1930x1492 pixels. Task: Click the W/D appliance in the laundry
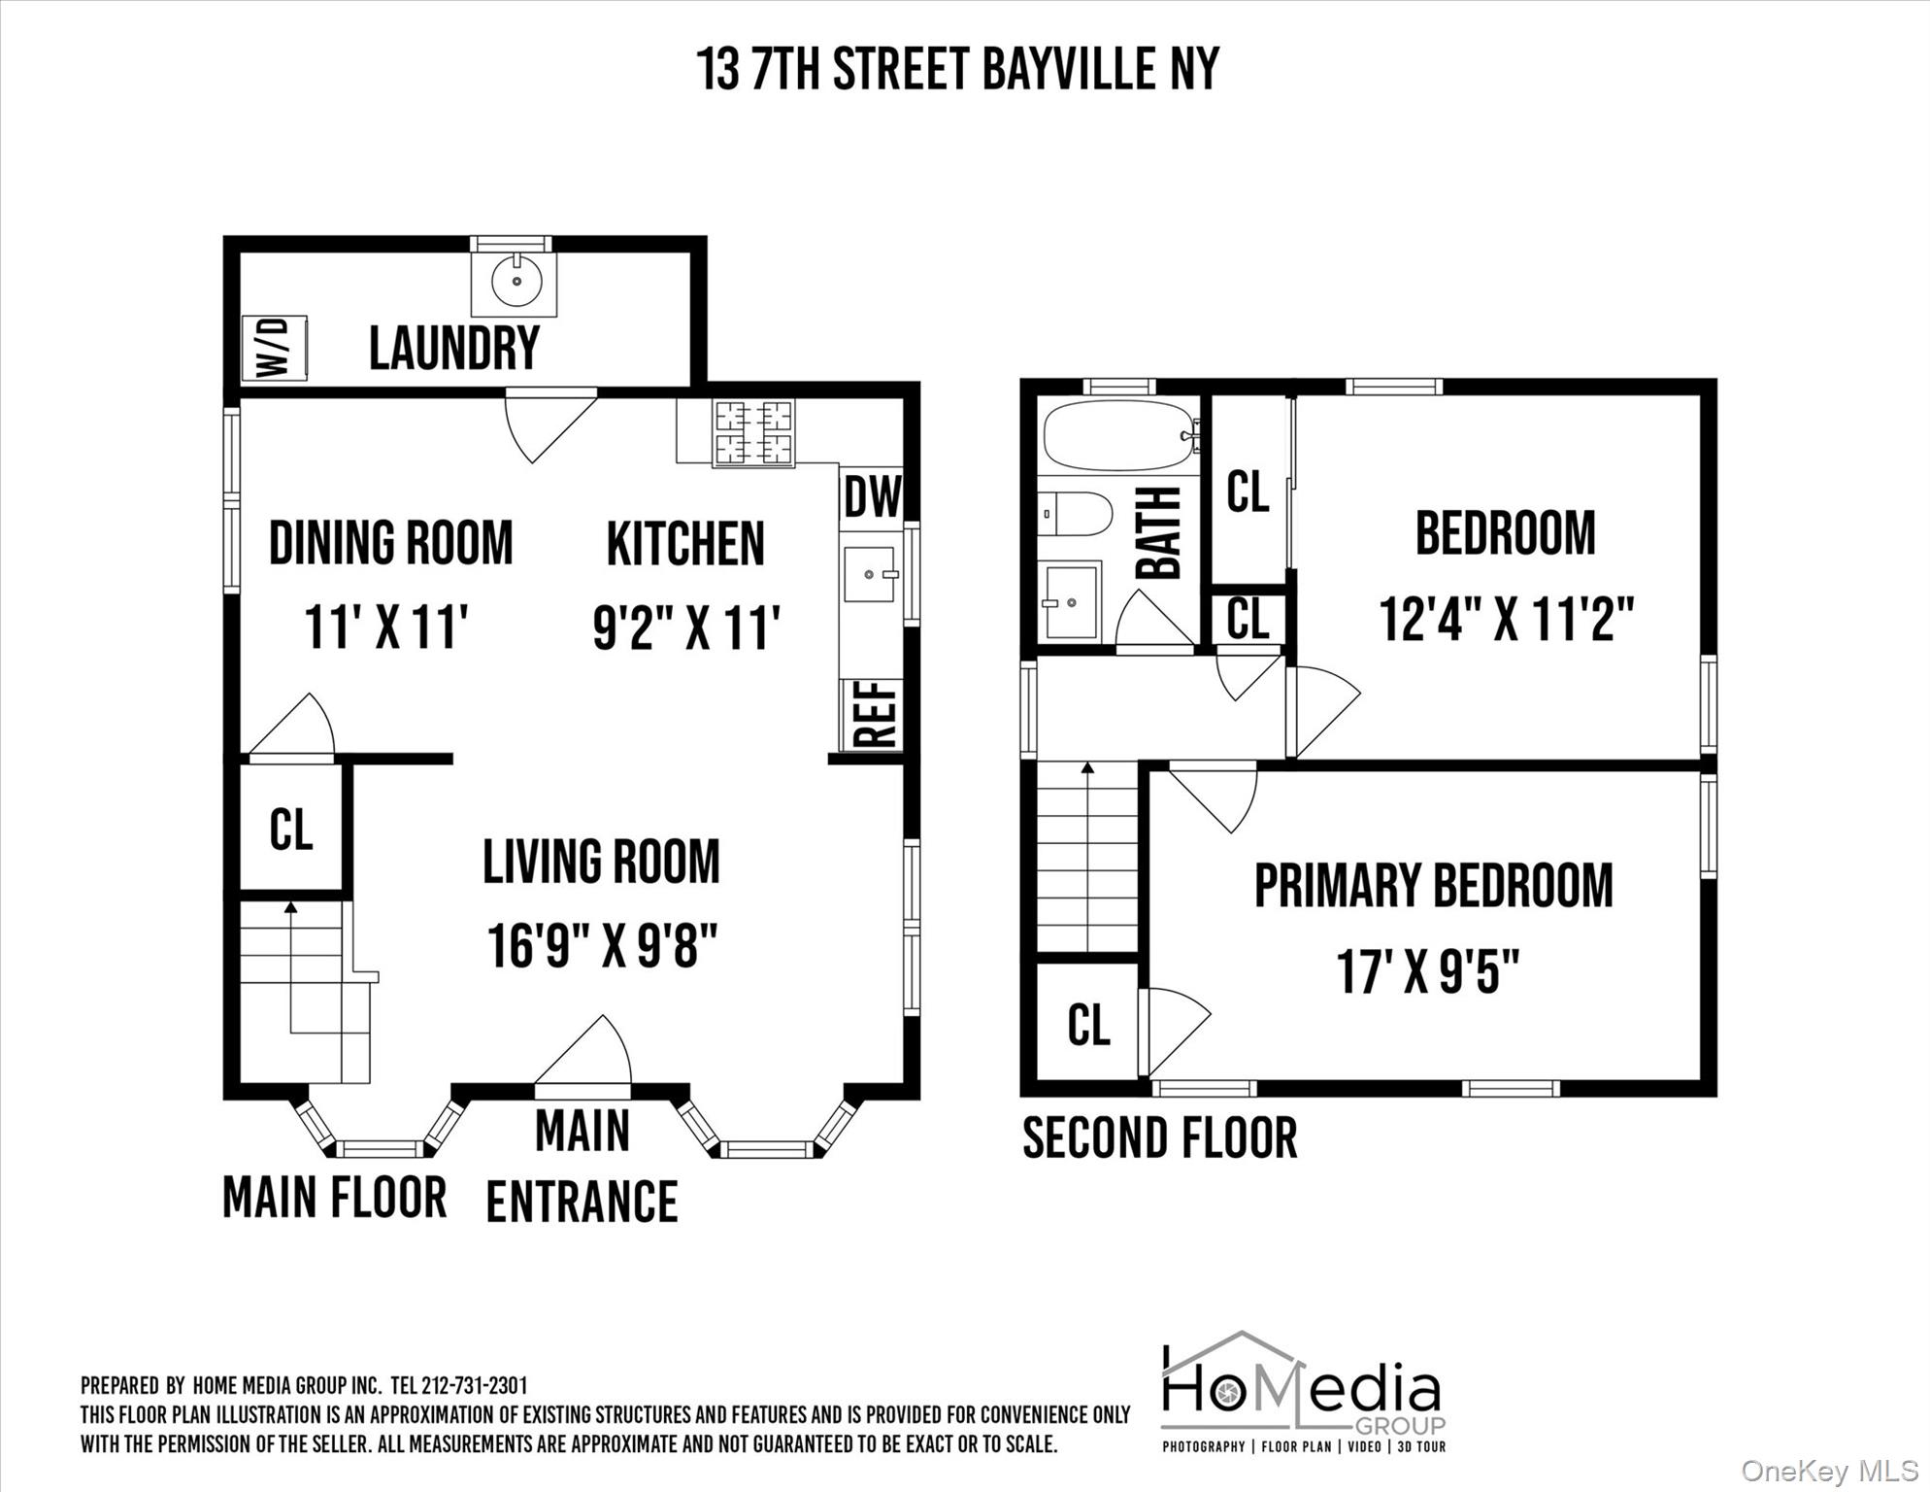pyautogui.click(x=274, y=347)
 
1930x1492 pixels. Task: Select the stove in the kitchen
pyautogui.click(x=753, y=432)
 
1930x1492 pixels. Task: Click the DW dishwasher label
pyautogui.click(x=872, y=497)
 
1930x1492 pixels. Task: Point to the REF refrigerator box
pyautogui.click(x=872, y=715)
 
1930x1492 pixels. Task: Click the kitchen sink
pyautogui.click(x=870, y=575)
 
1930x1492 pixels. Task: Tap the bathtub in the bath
pyautogui.click(x=1116, y=435)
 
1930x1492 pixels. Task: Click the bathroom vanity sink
pyautogui.click(x=1070, y=601)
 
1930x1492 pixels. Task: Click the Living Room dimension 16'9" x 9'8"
pyautogui.click(x=602, y=946)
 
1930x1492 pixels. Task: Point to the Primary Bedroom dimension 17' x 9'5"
pyautogui.click(x=1427, y=970)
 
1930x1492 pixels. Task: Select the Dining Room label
pyautogui.click(x=390, y=543)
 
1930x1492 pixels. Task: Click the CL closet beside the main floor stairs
pyautogui.click(x=291, y=830)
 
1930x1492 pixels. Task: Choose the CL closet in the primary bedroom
pyautogui.click(x=1088, y=1024)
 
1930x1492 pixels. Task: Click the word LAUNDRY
pyautogui.click(x=453, y=348)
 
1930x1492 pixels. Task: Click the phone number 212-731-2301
pyautogui.click(x=474, y=1385)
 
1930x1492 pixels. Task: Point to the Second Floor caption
pyautogui.click(x=1159, y=1138)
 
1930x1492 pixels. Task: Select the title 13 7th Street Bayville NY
pyautogui.click(x=957, y=69)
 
